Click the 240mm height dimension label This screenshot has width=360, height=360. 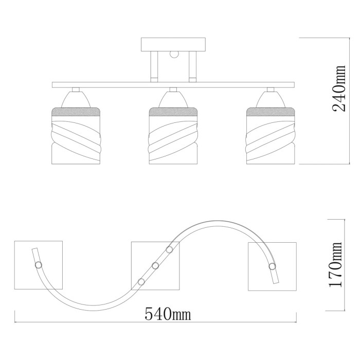[x=339, y=88]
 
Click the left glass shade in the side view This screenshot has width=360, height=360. [x=74, y=136]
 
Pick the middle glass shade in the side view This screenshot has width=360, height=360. [x=173, y=136]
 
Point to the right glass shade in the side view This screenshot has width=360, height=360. [x=271, y=136]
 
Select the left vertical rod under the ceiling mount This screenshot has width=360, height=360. [x=153, y=67]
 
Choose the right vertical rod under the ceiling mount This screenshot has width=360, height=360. [x=192, y=67]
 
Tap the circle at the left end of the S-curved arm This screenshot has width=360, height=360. [x=38, y=265]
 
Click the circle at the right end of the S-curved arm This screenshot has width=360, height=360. [x=272, y=266]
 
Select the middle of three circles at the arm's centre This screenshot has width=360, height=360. [x=155, y=266]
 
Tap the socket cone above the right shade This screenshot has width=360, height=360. [x=271, y=98]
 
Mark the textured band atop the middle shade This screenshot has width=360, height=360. [x=173, y=111]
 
